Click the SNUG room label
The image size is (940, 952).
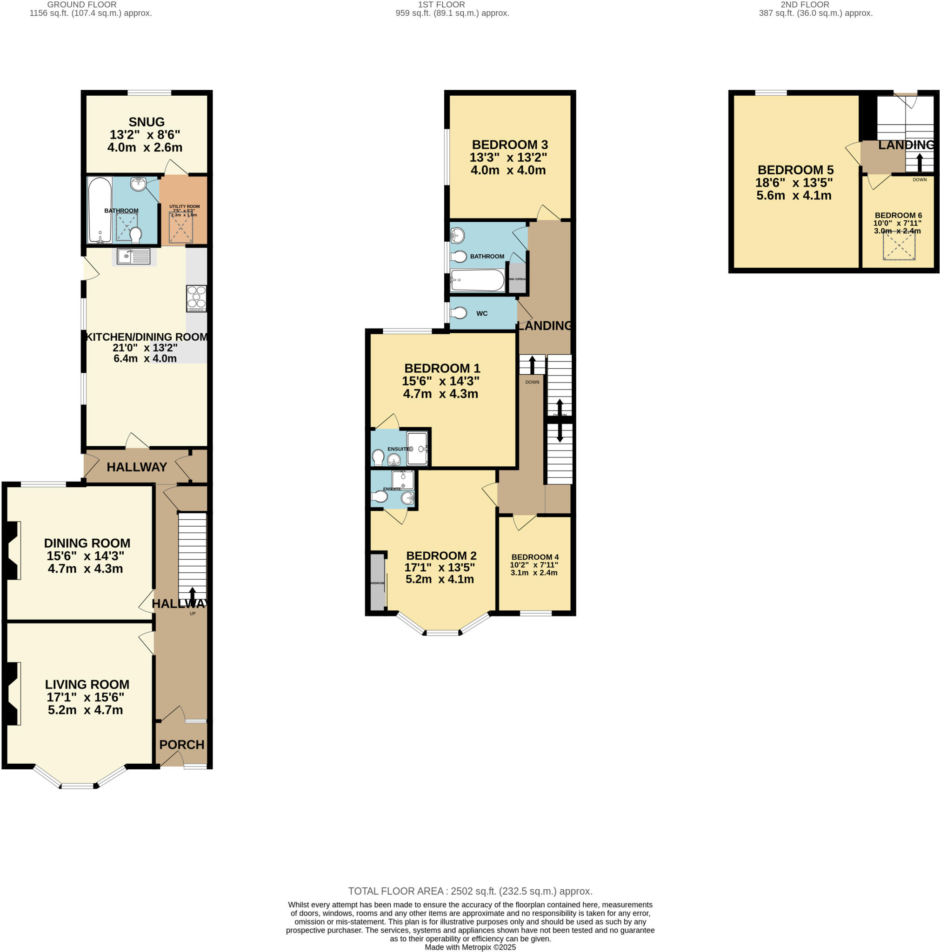(x=147, y=122)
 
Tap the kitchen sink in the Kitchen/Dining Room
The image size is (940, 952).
(x=133, y=256)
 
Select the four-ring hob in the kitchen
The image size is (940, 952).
(x=196, y=298)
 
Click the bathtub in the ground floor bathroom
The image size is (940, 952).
(x=100, y=210)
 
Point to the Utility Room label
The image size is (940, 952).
(x=184, y=206)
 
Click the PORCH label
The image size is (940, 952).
(x=181, y=745)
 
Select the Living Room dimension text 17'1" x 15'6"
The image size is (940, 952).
(x=85, y=697)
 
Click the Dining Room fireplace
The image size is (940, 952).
(x=13, y=550)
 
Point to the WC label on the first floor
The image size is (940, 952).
(x=481, y=313)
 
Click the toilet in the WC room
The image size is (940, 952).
(x=459, y=313)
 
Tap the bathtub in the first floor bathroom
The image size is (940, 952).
(x=477, y=280)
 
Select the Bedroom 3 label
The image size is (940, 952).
(x=510, y=145)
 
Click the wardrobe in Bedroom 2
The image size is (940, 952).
(x=377, y=582)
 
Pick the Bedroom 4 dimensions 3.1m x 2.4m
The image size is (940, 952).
(x=533, y=573)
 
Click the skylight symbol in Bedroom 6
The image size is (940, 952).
(x=899, y=245)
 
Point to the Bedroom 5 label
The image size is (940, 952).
(x=795, y=170)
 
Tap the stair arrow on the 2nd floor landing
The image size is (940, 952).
(x=919, y=162)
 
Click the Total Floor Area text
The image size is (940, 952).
(x=470, y=891)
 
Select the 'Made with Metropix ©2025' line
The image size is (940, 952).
(x=470, y=947)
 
